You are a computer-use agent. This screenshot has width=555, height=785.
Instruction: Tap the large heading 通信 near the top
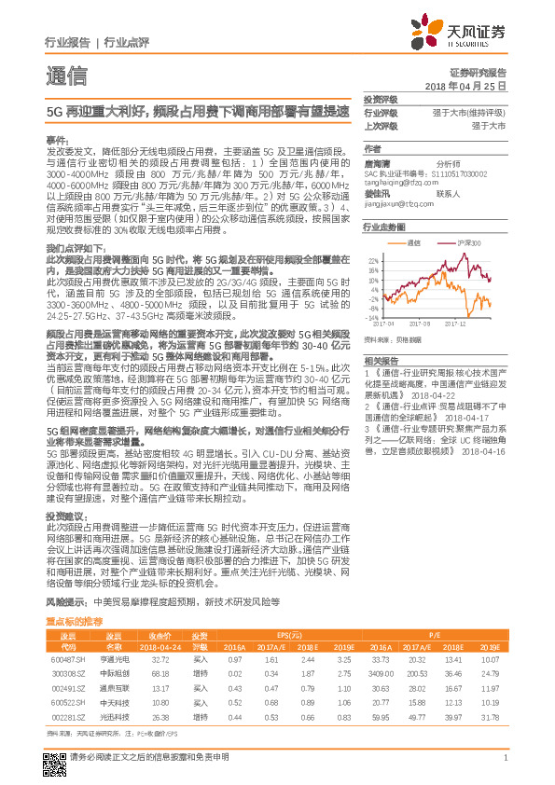[67, 76]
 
